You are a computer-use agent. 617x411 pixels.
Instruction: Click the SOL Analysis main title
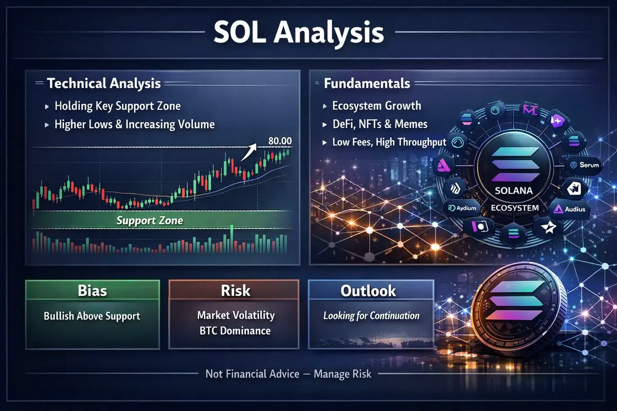(x=299, y=32)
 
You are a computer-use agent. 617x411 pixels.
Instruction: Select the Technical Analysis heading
(x=104, y=83)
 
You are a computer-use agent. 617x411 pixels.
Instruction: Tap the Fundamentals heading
(x=367, y=83)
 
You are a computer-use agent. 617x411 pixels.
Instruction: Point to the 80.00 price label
(x=280, y=141)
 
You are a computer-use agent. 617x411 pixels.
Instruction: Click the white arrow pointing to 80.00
(x=249, y=152)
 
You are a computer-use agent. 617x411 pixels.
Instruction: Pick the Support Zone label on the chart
(x=150, y=220)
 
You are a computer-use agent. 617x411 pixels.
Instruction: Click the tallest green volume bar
(x=232, y=238)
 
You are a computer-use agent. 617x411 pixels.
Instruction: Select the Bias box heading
(x=92, y=290)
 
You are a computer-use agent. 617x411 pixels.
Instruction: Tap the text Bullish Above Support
(x=92, y=316)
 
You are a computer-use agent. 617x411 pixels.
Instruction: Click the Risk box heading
(x=235, y=290)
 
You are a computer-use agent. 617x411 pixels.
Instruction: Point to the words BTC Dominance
(x=235, y=331)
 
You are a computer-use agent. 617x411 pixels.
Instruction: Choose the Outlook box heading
(x=368, y=291)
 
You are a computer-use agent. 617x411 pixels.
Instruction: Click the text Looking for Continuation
(x=371, y=315)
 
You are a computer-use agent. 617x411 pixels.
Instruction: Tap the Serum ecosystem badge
(x=584, y=165)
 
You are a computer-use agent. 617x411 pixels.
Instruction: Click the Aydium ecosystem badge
(x=462, y=208)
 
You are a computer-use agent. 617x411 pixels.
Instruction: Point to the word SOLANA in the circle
(x=514, y=191)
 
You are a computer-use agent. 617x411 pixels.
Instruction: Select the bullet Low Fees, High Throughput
(x=389, y=142)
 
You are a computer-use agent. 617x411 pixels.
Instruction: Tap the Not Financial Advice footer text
(x=252, y=374)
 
